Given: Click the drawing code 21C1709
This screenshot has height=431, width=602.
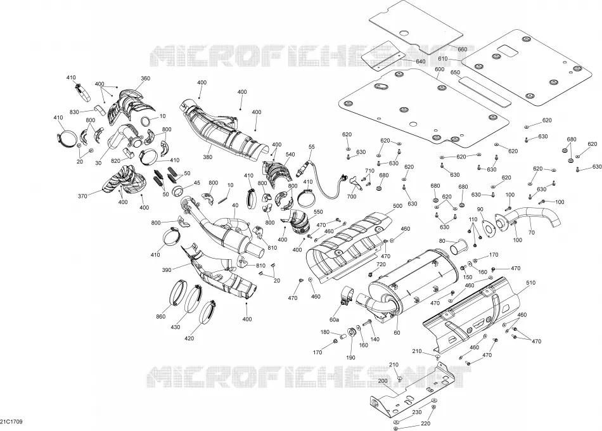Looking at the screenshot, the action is point(11,421).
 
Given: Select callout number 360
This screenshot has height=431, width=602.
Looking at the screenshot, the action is point(146,79).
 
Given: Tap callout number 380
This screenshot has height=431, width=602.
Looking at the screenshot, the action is point(208,157).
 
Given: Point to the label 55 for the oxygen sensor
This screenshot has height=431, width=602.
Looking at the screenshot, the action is point(311,147).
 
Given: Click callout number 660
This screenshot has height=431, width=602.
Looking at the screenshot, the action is point(462,49).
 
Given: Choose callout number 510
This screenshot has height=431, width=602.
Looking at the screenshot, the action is point(530,283).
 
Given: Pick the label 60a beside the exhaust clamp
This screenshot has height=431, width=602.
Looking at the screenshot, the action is point(334,319).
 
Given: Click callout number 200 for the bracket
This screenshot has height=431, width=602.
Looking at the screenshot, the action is point(383,381).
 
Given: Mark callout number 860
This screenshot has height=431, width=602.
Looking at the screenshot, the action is point(161,316).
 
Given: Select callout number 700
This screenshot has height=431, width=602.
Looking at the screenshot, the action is point(351,196).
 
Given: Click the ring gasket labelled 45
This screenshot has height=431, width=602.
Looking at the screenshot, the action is point(178,190).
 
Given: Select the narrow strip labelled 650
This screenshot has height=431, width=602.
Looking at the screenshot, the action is point(485,91).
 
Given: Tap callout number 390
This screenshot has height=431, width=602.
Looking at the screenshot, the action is point(166,270).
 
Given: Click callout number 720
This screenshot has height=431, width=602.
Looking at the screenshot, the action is point(381,265).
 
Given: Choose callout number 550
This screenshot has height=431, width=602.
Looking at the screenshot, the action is point(318,212).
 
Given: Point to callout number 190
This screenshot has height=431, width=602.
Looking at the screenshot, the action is point(350,357).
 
